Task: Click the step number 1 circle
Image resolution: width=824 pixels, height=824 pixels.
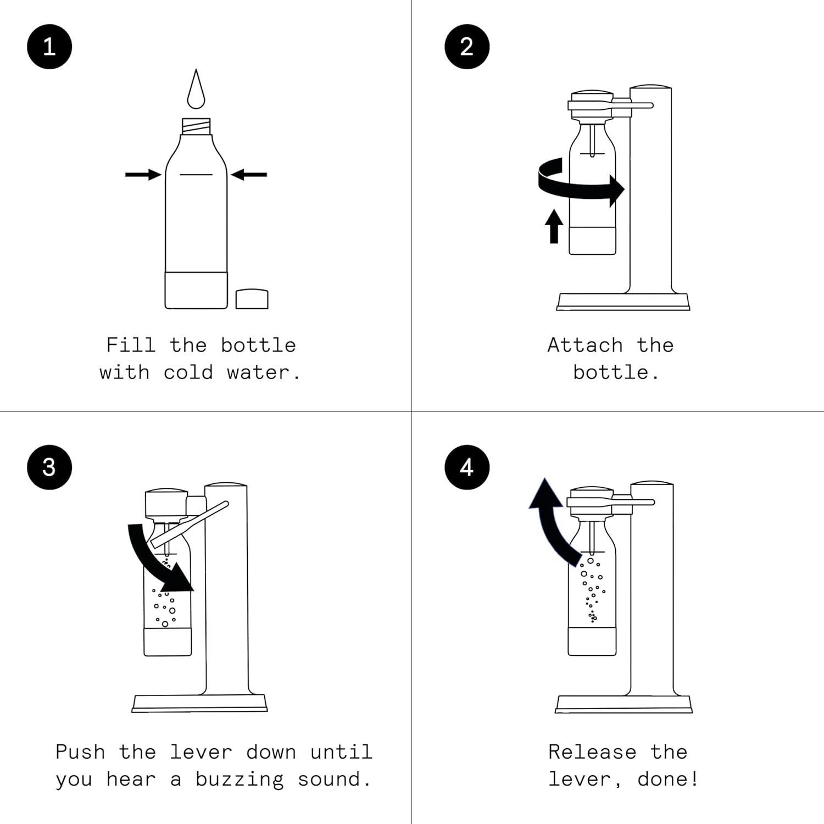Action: coord(49,47)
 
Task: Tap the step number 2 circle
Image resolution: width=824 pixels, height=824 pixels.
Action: coord(466,47)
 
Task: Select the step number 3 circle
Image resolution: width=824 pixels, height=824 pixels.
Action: coord(49,467)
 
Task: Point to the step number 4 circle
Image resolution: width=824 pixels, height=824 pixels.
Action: coord(466,467)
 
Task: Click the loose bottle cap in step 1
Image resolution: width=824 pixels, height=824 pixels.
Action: coord(252,299)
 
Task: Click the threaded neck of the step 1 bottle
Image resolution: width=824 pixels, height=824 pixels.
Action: coord(196,127)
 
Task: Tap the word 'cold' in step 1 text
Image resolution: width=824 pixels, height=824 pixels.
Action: coord(188,372)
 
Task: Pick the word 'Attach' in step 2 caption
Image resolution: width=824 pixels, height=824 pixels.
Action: coord(585,345)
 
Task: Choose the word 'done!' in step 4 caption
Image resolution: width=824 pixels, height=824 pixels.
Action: coord(667,780)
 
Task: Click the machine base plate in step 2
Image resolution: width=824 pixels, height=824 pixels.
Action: coord(623,302)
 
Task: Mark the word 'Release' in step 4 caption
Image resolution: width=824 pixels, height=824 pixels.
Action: coord(592,751)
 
